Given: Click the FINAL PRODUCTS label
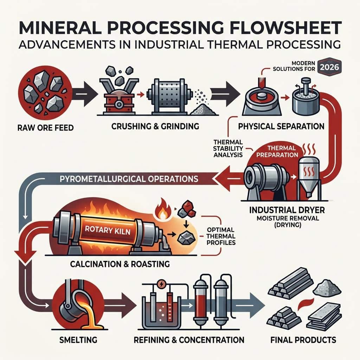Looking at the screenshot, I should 303,340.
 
